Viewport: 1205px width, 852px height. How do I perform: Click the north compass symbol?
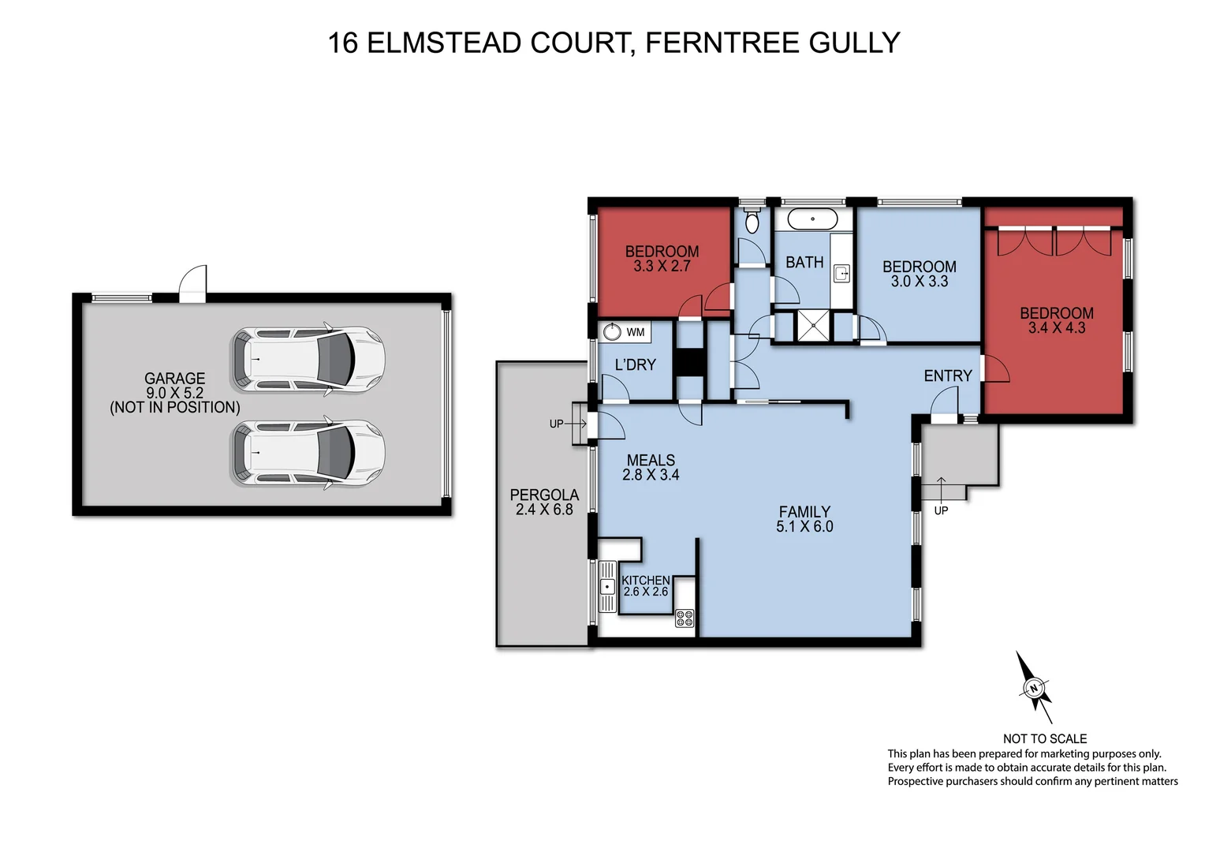[x=1034, y=688]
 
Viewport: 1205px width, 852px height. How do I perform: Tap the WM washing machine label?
[x=636, y=332]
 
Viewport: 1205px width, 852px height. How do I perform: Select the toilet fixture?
[x=752, y=221]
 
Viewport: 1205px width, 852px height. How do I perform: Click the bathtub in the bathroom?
[x=812, y=219]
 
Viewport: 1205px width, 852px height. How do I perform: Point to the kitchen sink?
[x=607, y=586]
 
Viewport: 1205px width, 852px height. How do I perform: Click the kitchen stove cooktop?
[x=685, y=618]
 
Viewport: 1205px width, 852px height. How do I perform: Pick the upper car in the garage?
[x=308, y=359]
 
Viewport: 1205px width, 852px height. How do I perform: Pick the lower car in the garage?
[x=308, y=453]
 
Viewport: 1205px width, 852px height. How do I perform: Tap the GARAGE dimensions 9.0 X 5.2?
[x=174, y=393]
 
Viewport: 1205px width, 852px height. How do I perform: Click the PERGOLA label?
[x=544, y=495]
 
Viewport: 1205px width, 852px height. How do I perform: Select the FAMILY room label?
[x=804, y=511]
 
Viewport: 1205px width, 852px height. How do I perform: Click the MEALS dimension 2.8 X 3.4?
[x=651, y=475]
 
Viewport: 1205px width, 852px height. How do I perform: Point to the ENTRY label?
[x=948, y=376]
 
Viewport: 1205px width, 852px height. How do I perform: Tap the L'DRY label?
[x=635, y=364]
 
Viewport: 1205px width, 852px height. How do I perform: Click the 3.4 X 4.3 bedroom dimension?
[x=1057, y=327]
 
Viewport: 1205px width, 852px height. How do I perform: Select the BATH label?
[x=804, y=262]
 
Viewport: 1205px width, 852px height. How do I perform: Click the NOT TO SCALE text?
[x=1045, y=738]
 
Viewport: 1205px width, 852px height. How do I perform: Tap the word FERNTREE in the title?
[x=712, y=43]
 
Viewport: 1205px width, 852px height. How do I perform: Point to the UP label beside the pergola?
[x=557, y=424]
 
